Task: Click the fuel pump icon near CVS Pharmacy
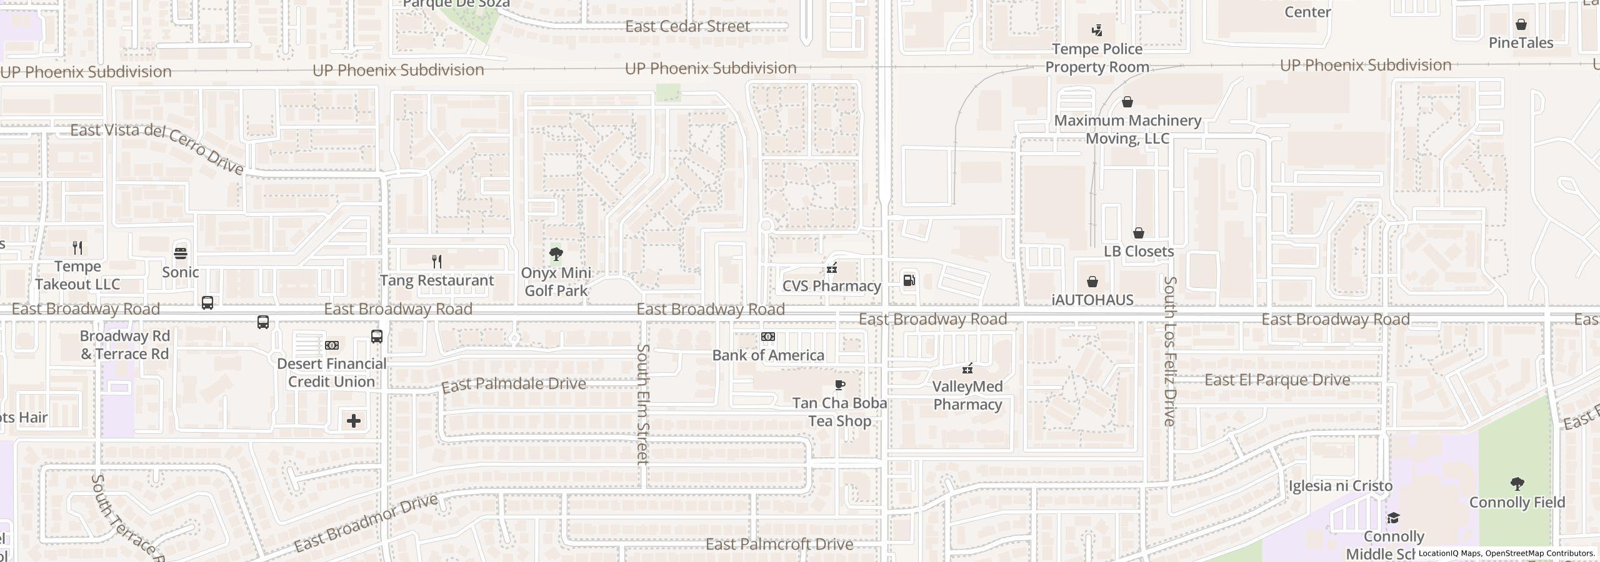909,280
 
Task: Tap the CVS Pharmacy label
831,286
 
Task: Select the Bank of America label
768,355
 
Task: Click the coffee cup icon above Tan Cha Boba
840,385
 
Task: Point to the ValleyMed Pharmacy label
967,395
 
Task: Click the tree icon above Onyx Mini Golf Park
556,254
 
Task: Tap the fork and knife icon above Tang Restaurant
437,262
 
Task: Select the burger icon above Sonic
181,253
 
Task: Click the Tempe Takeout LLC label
77,275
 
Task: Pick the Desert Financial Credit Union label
331,373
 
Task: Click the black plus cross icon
354,421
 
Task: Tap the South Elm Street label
643,404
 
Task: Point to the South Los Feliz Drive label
1170,352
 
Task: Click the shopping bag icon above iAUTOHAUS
1092,282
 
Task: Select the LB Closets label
1138,252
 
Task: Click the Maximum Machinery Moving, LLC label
1127,129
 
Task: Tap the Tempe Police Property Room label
1097,58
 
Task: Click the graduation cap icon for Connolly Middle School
1393,518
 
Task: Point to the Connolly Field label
1517,503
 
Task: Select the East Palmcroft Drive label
779,545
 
